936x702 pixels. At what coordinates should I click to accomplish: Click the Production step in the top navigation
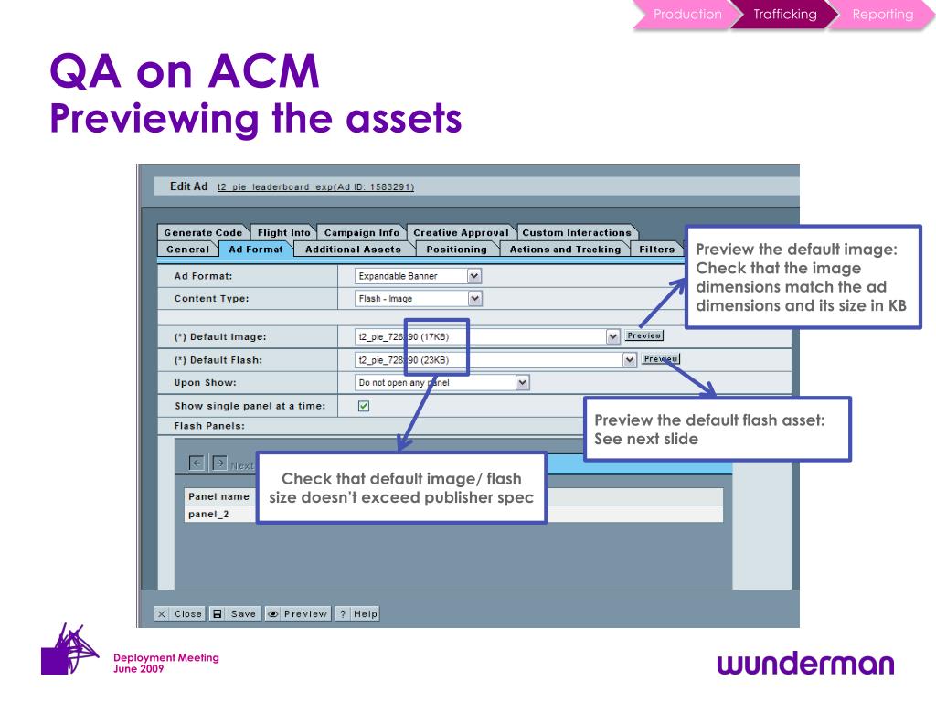tap(686, 15)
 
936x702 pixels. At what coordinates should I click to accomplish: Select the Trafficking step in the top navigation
tap(784, 15)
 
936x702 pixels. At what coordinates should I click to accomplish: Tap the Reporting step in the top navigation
tap(882, 15)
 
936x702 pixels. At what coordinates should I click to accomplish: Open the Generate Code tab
tap(203, 233)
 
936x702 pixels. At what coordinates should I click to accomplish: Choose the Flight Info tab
tap(283, 233)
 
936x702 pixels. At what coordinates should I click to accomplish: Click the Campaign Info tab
tap(362, 233)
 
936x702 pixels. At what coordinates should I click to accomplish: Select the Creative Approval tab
tap(461, 233)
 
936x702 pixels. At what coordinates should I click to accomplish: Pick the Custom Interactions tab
tap(577, 233)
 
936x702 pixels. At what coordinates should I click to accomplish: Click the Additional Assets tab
tap(353, 250)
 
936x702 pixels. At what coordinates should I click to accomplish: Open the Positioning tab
tap(456, 250)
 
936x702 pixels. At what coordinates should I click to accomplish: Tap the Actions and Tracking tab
tap(565, 250)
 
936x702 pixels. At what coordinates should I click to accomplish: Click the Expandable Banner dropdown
tap(419, 275)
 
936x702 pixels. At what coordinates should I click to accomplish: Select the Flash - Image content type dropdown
tap(419, 299)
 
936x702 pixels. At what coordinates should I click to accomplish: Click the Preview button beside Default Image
tap(644, 335)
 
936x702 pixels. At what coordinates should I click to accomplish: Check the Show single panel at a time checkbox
tap(364, 406)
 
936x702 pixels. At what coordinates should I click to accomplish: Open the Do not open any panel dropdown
tap(442, 383)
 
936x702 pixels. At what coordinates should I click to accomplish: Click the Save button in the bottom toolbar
tap(235, 613)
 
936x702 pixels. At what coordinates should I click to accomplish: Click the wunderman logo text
tap(806, 664)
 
